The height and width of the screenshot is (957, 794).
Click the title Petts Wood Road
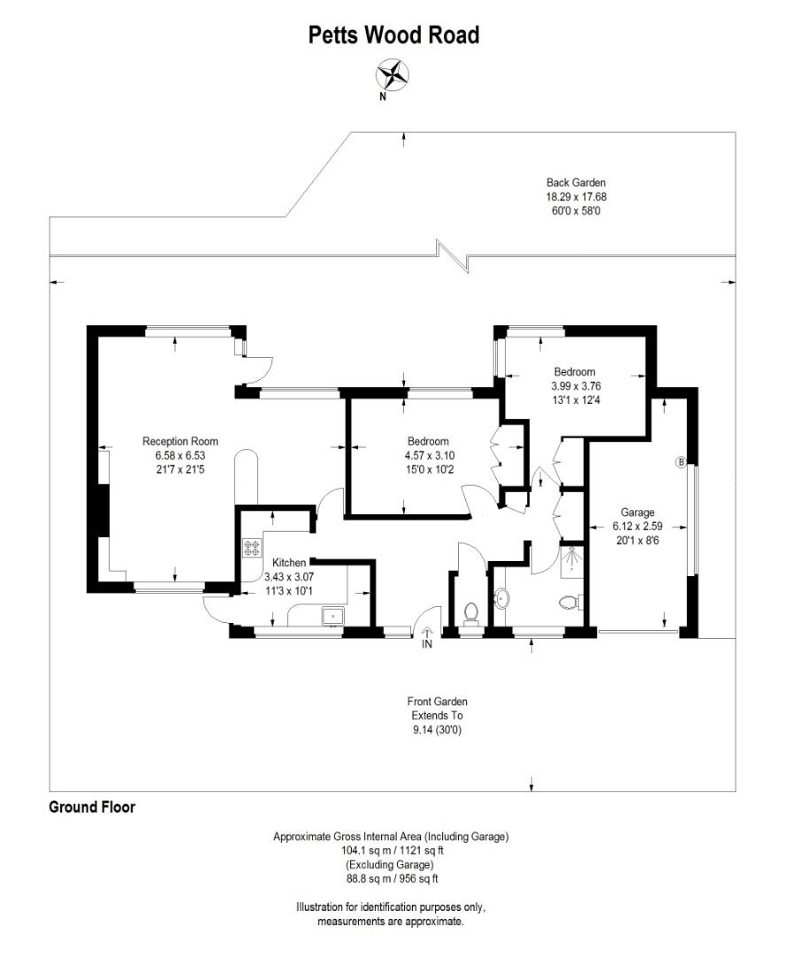(x=393, y=35)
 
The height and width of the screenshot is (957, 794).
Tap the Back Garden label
(x=575, y=183)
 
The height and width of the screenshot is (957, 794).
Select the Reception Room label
(x=180, y=441)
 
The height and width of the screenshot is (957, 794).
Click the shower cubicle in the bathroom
(x=572, y=561)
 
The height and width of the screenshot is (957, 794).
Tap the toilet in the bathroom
(x=570, y=603)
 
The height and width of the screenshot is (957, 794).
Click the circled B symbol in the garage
(x=681, y=462)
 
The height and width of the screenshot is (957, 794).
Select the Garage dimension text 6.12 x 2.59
(x=637, y=526)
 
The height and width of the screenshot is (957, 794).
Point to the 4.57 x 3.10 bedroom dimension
(x=428, y=455)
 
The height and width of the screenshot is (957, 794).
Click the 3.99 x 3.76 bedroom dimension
(x=574, y=385)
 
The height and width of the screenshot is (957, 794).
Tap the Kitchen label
(x=289, y=563)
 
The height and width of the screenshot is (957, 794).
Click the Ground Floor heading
(x=91, y=807)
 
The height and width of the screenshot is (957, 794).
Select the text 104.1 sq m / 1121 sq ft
(x=391, y=850)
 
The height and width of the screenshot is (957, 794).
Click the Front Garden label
(x=437, y=702)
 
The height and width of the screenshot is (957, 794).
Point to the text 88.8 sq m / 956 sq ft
(x=391, y=879)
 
